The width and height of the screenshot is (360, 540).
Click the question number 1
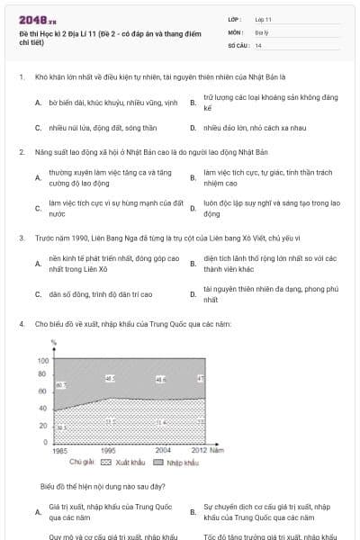20,77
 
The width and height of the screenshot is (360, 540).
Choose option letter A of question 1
38,103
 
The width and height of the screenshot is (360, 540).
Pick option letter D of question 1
193,128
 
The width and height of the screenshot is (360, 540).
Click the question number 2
20,152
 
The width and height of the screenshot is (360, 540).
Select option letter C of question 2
38,210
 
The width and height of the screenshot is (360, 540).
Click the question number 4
20,322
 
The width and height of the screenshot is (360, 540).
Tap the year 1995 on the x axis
108,449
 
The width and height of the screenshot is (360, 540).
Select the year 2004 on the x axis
163,449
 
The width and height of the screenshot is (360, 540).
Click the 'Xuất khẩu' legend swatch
105,463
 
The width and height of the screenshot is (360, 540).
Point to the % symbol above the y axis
54,343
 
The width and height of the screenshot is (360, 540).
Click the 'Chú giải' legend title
81,463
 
